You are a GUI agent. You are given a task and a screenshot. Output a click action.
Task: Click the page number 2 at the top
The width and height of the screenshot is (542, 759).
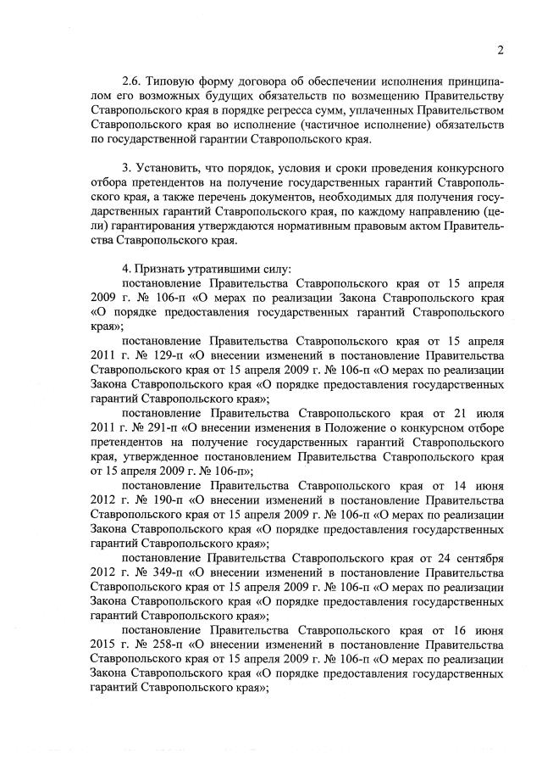point(501,49)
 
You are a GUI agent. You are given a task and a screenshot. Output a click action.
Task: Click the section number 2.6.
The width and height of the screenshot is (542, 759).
point(133,81)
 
